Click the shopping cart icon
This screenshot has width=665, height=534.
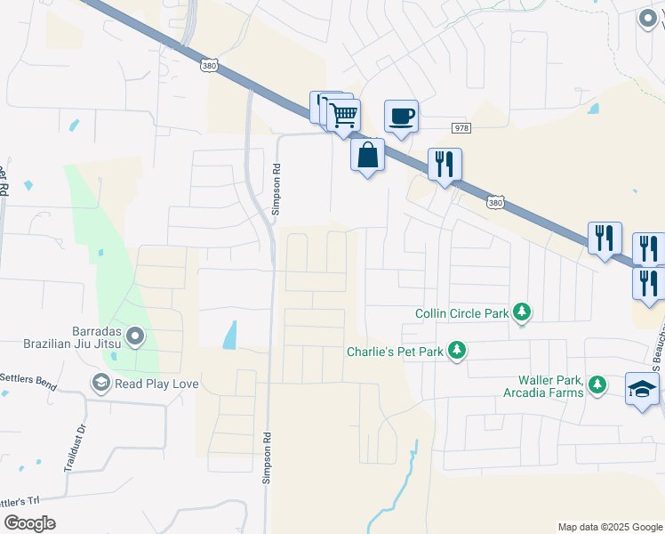pyautogui.click(x=343, y=115)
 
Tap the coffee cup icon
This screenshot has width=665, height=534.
pyautogui.click(x=401, y=116)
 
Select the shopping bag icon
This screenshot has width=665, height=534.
pyautogui.click(x=367, y=155)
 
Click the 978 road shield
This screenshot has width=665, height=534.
pyautogui.click(x=460, y=127)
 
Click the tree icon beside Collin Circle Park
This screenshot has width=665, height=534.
pyautogui.click(x=525, y=312)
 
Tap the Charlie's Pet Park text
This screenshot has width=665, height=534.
pyautogui.click(x=395, y=351)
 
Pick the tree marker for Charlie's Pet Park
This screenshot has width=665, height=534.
pyautogui.click(x=457, y=351)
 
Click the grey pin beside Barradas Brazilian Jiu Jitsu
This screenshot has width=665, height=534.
pyautogui.click(x=135, y=336)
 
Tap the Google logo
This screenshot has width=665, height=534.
pyautogui.click(x=29, y=523)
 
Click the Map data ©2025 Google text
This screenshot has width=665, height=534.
pyautogui.click(x=608, y=527)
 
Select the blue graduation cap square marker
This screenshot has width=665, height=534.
pyautogui.click(x=642, y=389)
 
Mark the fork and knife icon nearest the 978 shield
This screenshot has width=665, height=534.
pyautogui.click(x=445, y=164)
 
